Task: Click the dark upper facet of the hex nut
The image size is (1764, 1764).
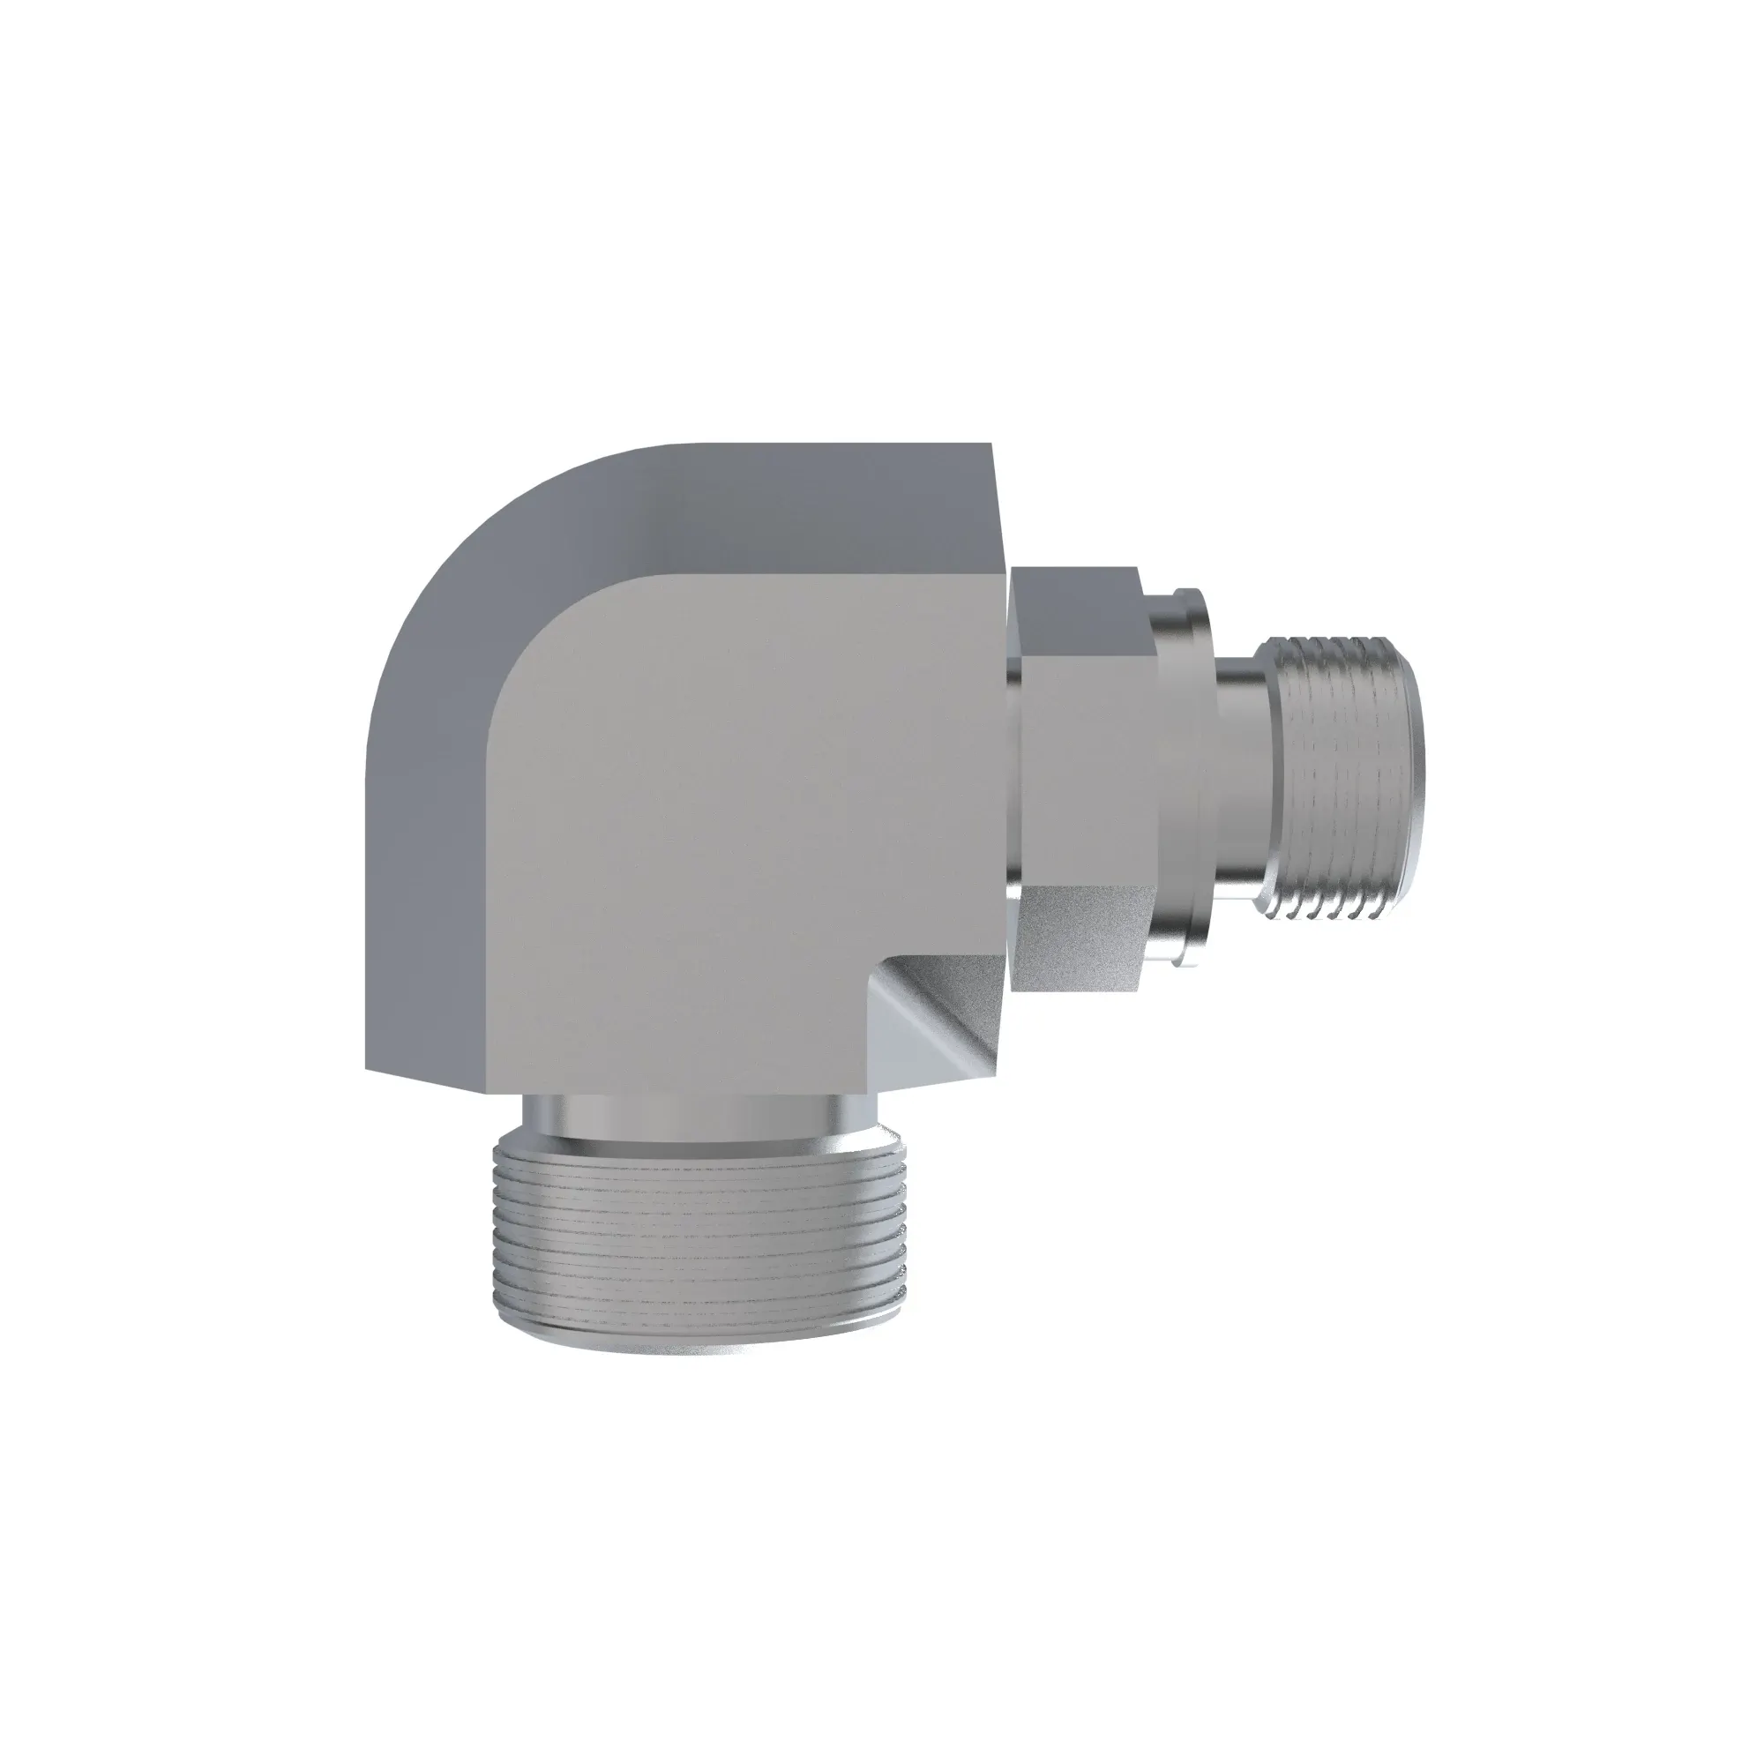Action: (1078, 602)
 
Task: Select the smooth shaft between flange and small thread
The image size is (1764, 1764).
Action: (1242, 776)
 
